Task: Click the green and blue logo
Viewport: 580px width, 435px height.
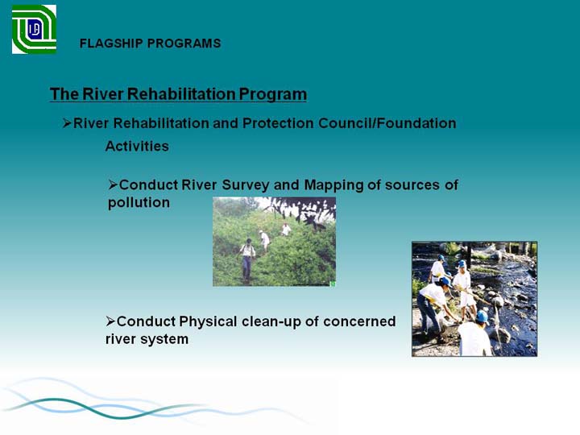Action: tap(34, 29)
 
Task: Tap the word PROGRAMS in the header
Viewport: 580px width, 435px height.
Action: tap(184, 43)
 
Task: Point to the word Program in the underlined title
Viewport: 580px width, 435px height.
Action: tap(272, 95)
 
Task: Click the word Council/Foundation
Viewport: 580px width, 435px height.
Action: tap(387, 123)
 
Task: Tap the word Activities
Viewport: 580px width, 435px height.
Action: tap(137, 146)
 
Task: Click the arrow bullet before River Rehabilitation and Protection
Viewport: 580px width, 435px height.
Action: tap(67, 123)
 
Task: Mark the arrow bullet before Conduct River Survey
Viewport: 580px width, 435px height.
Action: tap(113, 184)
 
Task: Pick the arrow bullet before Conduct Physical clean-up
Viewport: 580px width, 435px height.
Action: tap(110, 321)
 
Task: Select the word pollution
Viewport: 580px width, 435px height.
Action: tap(139, 203)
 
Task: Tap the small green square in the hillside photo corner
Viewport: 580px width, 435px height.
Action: tap(333, 284)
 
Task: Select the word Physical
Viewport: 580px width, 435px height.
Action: tap(208, 321)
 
